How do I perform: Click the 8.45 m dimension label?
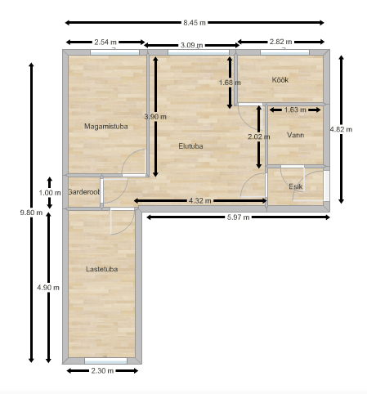tap(195, 23)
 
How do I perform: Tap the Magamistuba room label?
tap(106, 127)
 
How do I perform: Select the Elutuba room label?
tap(190, 146)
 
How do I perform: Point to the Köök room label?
tap(280, 80)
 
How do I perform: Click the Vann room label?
tap(296, 135)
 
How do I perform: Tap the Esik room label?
tap(296, 186)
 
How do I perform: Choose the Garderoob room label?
tap(84, 192)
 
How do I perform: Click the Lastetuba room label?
tap(102, 269)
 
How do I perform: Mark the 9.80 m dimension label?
tap(31, 213)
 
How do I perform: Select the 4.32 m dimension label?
tap(200, 201)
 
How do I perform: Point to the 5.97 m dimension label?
tap(238, 217)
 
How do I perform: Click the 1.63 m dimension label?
tap(295, 110)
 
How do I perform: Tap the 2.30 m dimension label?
tap(102, 371)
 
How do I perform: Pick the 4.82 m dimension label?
tap(341, 129)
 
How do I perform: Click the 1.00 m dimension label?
tap(50, 193)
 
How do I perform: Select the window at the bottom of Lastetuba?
tap(105, 360)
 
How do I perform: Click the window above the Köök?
tap(284, 52)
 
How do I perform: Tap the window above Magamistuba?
tap(114, 52)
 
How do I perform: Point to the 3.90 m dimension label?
tap(155, 117)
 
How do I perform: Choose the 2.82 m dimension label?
tap(280, 42)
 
